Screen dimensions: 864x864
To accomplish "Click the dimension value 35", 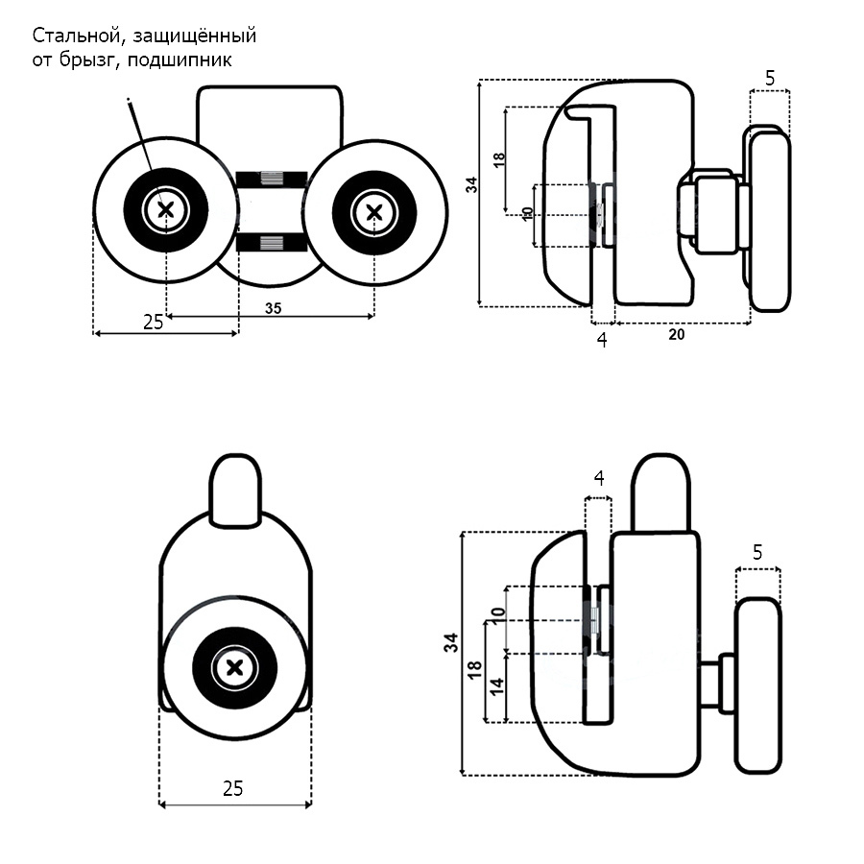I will pyautogui.click(x=272, y=309).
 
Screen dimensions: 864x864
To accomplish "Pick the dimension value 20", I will pyautogui.click(x=676, y=334).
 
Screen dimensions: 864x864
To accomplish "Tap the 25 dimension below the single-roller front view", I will pyautogui.click(x=232, y=788).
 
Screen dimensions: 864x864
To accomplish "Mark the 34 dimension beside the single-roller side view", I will pyautogui.click(x=451, y=644).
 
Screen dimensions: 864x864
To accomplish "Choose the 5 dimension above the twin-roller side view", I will pyautogui.click(x=770, y=75).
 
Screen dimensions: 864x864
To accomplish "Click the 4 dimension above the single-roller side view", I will pyautogui.click(x=598, y=477).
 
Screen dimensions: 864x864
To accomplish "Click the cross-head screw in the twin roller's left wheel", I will pyautogui.click(x=166, y=207).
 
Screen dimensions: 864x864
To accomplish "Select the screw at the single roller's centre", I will pyautogui.click(x=235, y=666).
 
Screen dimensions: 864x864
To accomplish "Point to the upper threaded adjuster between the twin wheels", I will pyautogui.click(x=272, y=179).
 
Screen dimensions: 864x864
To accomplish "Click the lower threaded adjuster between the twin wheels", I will pyautogui.click(x=272, y=241).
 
